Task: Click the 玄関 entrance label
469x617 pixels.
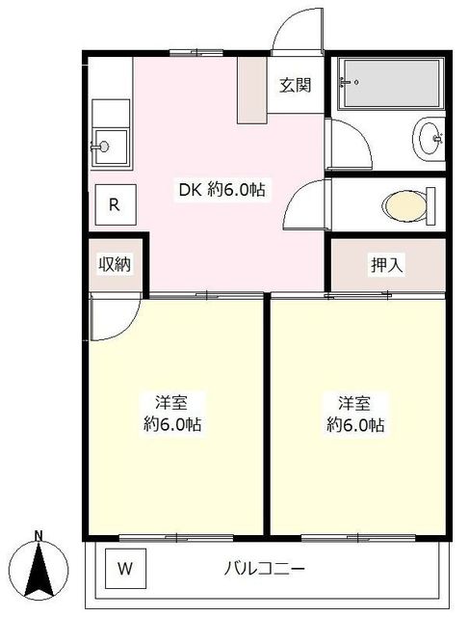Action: [x=296, y=85]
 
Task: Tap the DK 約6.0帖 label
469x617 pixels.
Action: [x=222, y=191]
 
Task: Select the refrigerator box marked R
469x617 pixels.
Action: [x=116, y=204]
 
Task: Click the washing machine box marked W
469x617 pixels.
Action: [x=125, y=569]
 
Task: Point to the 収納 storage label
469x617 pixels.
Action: [x=115, y=263]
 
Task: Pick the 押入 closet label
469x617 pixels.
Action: [x=387, y=265]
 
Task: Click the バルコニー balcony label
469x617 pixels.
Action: [x=264, y=569]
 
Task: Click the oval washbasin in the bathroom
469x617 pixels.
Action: [x=430, y=139]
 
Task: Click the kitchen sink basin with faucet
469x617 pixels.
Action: [x=110, y=147]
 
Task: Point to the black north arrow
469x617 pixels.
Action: [x=39, y=569]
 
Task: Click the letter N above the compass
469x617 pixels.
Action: [x=39, y=535]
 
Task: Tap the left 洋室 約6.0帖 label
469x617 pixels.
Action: [x=171, y=414]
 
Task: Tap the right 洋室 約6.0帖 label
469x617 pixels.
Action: [x=355, y=414]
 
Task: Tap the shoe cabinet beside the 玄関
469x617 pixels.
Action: [x=252, y=91]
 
